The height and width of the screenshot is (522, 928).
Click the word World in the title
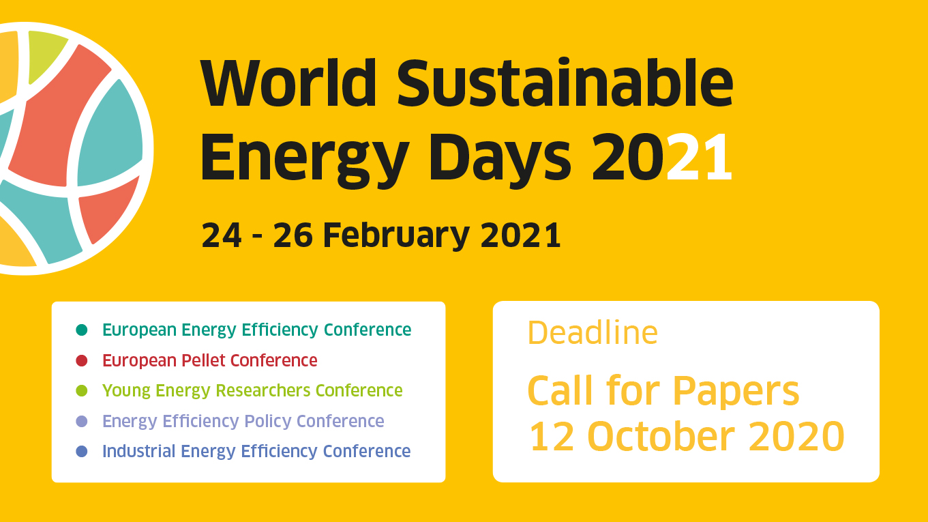[x=288, y=83]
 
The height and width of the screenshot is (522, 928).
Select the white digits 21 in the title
[x=700, y=157]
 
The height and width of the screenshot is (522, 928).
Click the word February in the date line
[x=396, y=235]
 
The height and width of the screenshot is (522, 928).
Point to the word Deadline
[x=593, y=332]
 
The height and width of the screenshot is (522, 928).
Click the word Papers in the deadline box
[x=736, y=392]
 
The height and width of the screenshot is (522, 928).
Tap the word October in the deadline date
[x=661, y=436]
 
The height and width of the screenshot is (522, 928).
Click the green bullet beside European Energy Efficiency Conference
[x=82, y=330]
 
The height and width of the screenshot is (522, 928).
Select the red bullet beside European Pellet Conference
[x=82, y=360]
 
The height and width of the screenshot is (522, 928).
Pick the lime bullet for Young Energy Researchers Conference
[x=82, y=390]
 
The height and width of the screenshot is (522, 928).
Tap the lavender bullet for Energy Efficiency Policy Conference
[x=82, y=421]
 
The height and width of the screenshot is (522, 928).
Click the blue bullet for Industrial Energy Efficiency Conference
[x=82, y=451]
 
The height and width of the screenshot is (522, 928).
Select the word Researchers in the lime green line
[x=263, y=390]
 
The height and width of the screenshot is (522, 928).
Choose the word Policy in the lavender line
[x=268, y=422]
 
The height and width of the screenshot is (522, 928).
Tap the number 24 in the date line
[x=221, y=235]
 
